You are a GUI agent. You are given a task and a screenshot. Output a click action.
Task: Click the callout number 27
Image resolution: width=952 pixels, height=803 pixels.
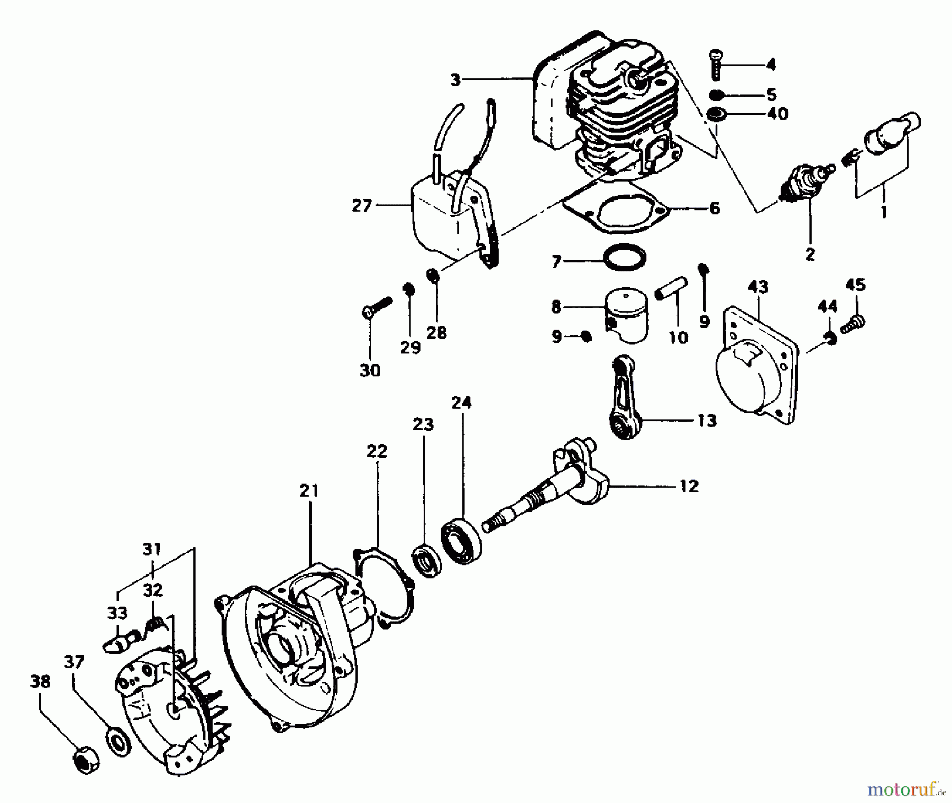pyautogui.click(x=362, y=205)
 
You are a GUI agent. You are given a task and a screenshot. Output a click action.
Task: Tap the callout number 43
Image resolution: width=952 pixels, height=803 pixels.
pyautogui.click(x=758, y=287)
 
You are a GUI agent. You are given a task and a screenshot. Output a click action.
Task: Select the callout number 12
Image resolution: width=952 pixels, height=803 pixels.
pyautogui.click(x=689, y=485)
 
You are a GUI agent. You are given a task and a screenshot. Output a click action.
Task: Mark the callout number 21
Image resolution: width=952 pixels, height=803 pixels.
pyautogui.click(x=309, y=490)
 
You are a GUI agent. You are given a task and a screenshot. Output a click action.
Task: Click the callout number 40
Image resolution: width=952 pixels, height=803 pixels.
pyautogui.click(x=777, y=113)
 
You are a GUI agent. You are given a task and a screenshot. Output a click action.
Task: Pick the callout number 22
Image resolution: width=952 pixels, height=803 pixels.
pyautogui.click(x=377, y=451)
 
